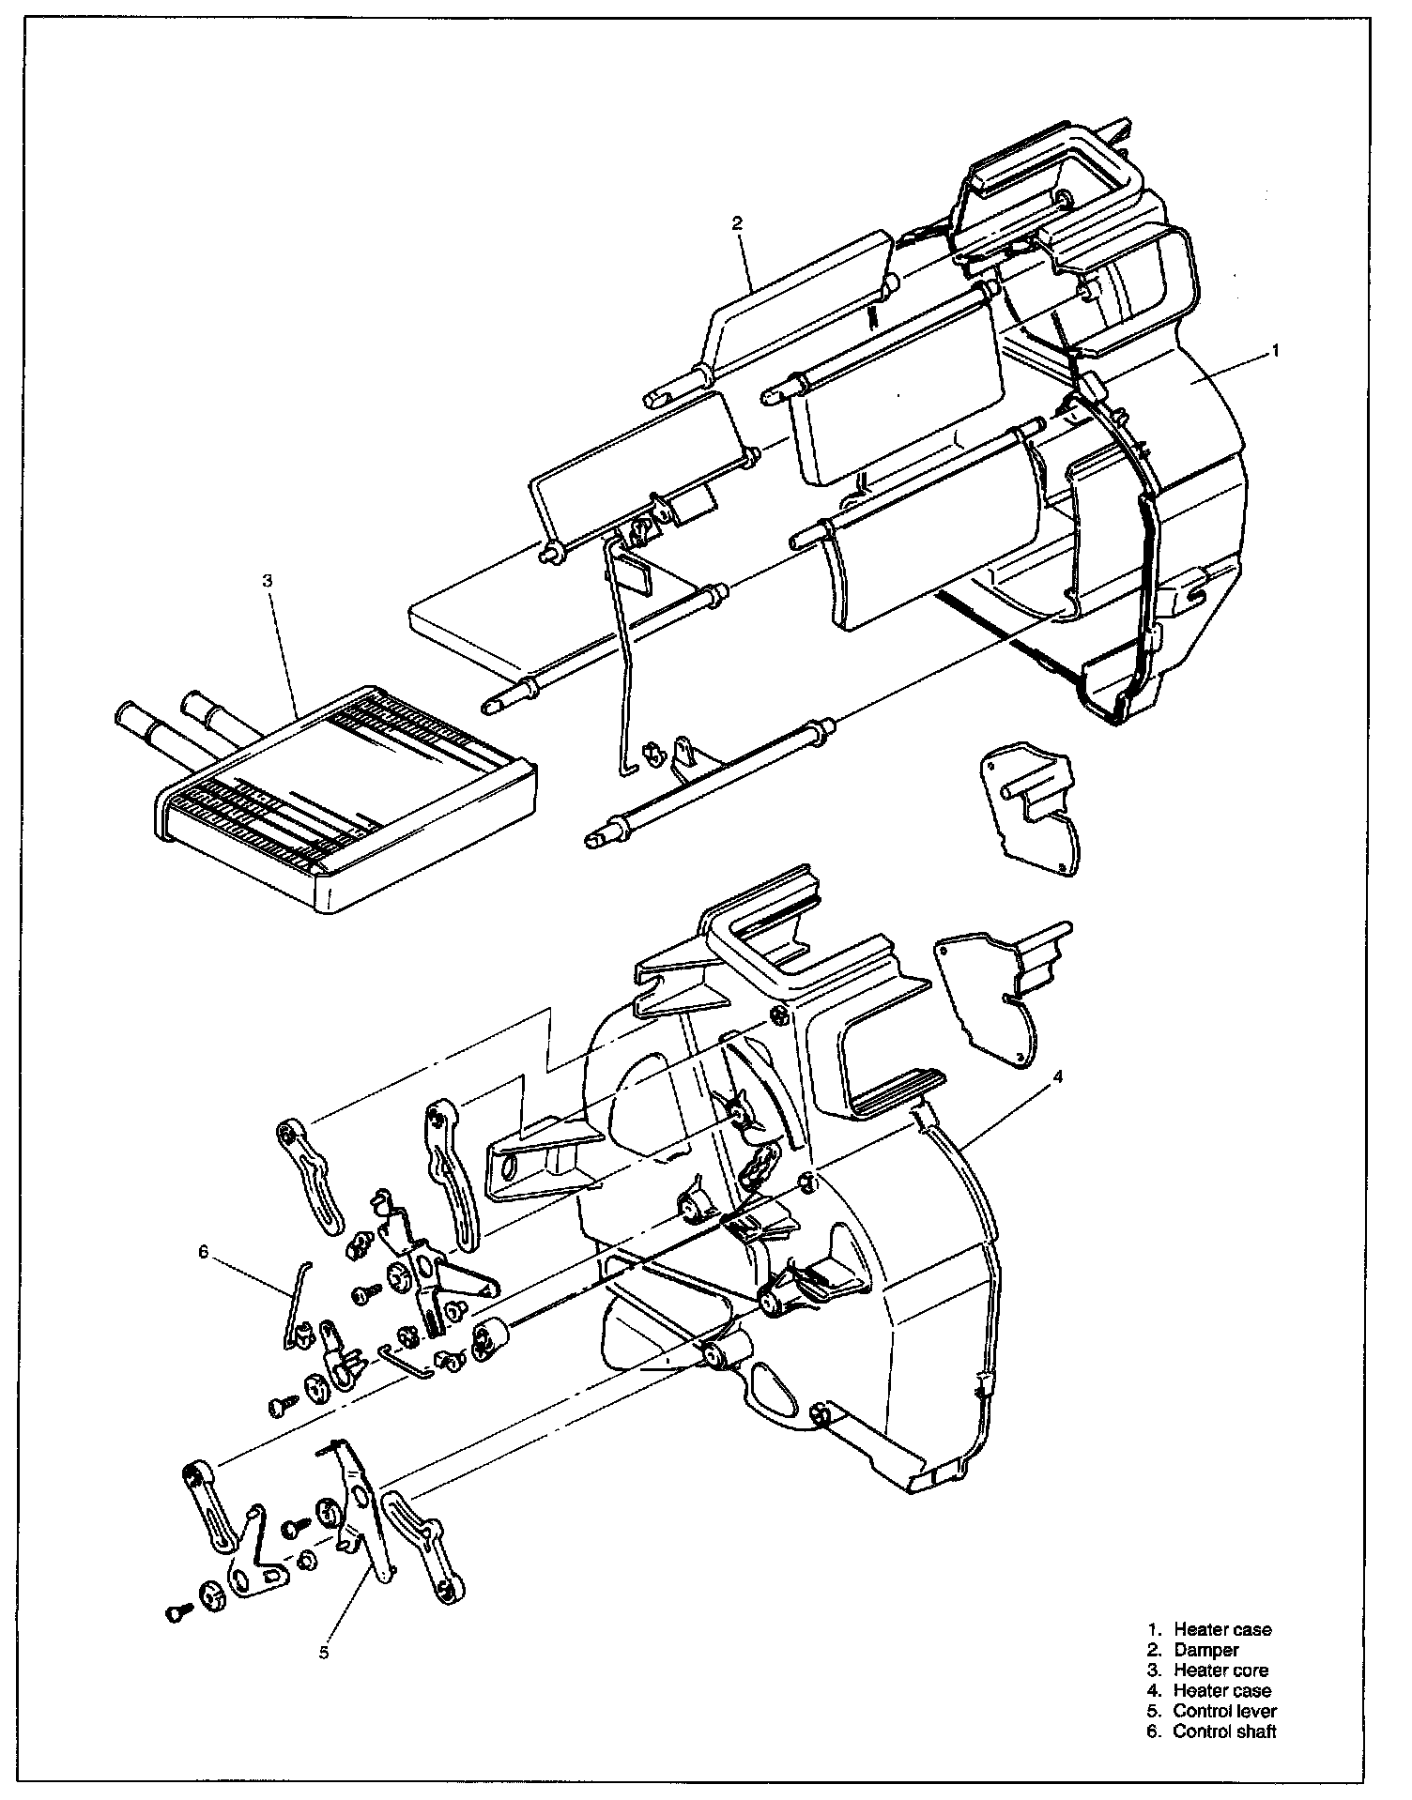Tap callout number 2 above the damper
point(737,222)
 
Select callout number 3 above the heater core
point(268,581)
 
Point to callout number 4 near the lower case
point(1058,1078)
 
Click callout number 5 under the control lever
point(324,1652)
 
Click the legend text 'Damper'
point(1205,1649)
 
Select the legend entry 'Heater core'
point(1220,1670)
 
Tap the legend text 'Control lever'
point(1224,1711)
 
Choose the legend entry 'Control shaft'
point(1224,1731)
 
